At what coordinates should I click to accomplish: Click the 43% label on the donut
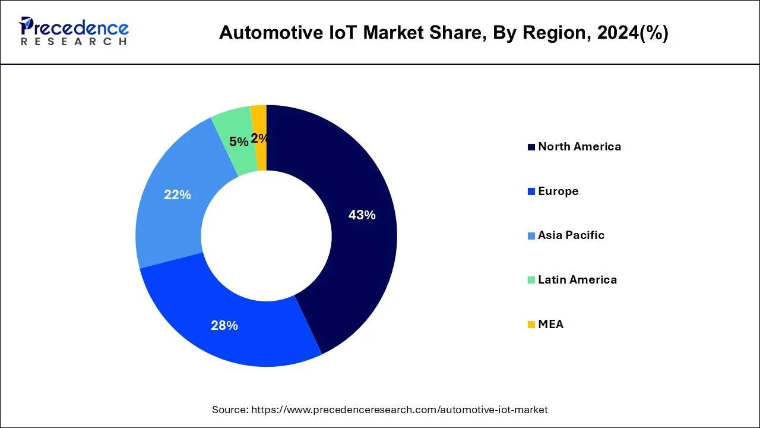tap(362, 215)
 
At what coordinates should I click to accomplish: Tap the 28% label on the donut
tap(224, 325)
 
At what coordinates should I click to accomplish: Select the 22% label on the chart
tap(177, 194)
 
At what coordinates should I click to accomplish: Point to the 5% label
tap(239, 141)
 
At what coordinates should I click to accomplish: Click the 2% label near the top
tap(259, 139)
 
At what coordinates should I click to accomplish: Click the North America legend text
tap(579, 147)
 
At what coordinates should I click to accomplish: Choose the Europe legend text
tap(558, 191)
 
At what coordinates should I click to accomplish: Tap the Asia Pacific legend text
tap(571, 235)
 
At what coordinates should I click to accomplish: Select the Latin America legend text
tap(577, 279)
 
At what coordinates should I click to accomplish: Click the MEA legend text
tap(550, 324)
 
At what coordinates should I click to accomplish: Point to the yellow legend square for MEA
tap(531, 325)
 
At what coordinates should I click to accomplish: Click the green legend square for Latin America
tap(531, 280)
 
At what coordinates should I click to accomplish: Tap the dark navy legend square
tap(531, 147)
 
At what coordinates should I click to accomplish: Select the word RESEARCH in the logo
tap(74, 42)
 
